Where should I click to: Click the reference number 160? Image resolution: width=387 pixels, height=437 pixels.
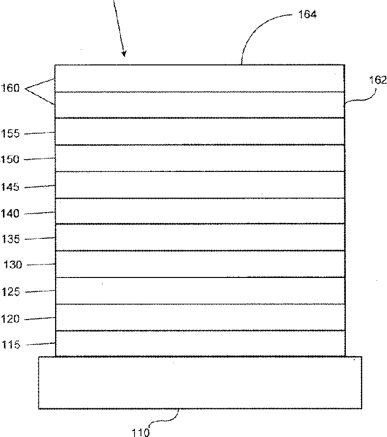10,89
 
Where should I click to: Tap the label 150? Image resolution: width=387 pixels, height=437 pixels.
10,160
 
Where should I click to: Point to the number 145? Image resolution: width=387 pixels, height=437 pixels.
10,187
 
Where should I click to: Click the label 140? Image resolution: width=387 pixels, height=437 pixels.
10,214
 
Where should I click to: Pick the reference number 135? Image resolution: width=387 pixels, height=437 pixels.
10,240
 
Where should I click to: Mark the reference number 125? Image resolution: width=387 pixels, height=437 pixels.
10,292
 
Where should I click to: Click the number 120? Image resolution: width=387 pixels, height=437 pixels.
10,319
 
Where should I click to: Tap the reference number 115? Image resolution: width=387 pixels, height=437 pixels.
10,345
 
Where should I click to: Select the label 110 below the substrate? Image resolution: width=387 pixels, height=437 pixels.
140,433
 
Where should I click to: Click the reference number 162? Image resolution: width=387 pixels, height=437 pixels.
377,80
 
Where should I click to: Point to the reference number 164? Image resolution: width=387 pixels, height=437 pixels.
307,14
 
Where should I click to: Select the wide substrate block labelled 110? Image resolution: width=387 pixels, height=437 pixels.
200,382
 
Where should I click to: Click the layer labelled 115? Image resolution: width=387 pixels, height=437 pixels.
200,343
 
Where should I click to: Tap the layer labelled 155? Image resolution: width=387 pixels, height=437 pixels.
200,131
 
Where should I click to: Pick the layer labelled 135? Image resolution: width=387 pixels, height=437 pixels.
200,237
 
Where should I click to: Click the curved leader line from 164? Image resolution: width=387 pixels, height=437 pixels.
258,30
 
